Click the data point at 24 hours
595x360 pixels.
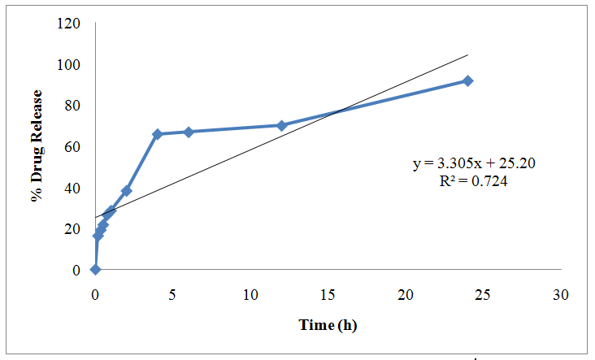click(467, 80)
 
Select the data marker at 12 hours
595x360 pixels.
click(281, 125)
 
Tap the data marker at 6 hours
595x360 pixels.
click(189, 132)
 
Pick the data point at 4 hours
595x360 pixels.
click(158, 134)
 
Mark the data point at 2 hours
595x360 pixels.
click(126, 191)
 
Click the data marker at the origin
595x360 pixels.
click(95, 269)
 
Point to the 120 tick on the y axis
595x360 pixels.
click(69, 24)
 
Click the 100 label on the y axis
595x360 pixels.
click(69, 65)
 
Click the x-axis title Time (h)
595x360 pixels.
click(328, 325)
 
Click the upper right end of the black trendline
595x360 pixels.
click(467, 55)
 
